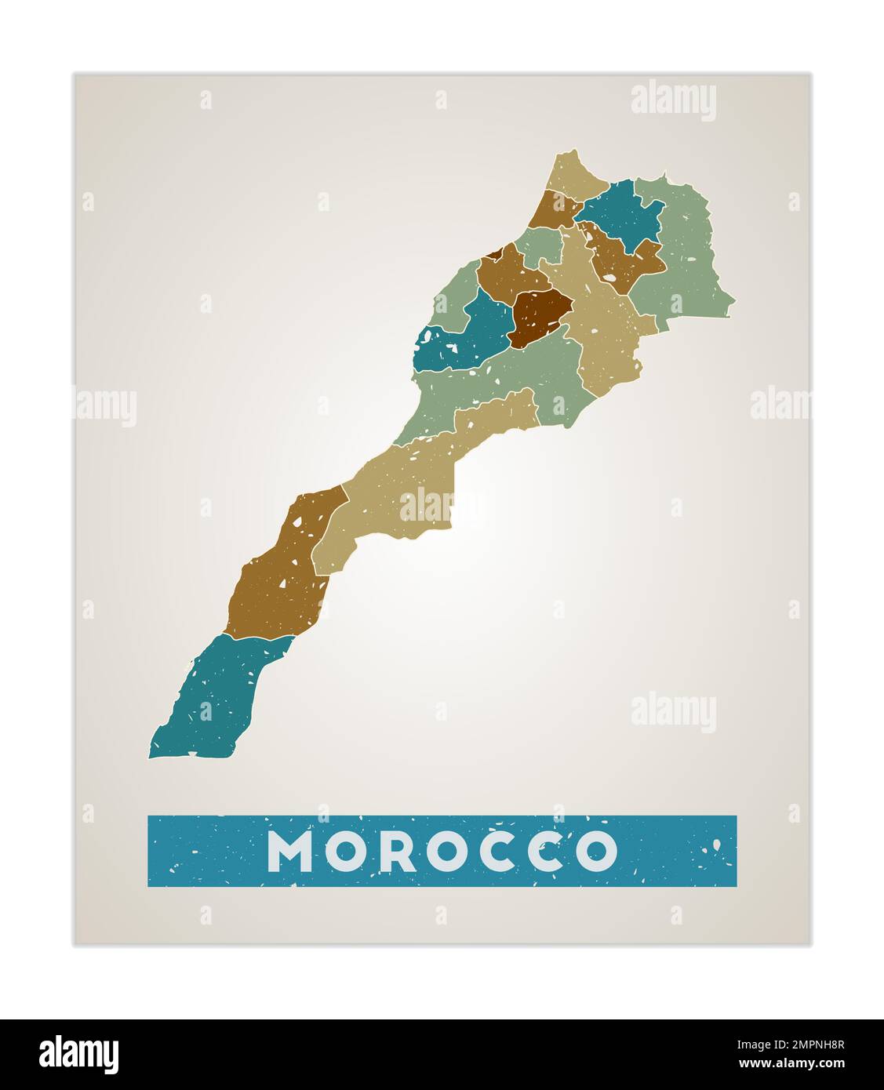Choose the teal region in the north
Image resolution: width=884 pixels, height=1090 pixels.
click(x=623, y=213)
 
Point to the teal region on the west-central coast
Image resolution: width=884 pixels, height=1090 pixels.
click(x=463, y=337)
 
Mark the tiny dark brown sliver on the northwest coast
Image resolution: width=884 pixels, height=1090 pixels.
click(x=493, y=253)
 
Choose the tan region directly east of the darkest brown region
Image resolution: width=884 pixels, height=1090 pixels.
click(x=604, y=329)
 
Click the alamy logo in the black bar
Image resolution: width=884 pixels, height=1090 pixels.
click(x=79, y=1054)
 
